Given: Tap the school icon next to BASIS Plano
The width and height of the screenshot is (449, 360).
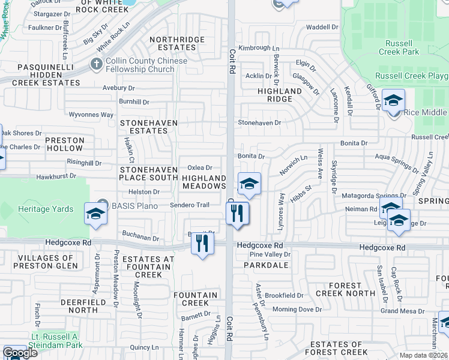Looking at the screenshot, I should [96, 214].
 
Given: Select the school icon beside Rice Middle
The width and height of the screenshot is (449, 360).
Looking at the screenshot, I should [393, 100].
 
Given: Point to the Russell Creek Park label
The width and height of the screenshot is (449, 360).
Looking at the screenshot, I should [396, 47].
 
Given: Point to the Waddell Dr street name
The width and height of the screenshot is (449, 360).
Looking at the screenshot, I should [322, 27].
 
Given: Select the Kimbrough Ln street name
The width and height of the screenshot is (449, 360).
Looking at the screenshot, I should [259, 47].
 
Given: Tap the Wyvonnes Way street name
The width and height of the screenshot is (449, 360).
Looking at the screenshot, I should [91, 115].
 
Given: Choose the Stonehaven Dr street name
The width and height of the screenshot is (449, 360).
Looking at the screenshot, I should [259, 122].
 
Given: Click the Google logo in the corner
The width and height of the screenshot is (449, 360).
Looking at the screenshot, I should [20, 353].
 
